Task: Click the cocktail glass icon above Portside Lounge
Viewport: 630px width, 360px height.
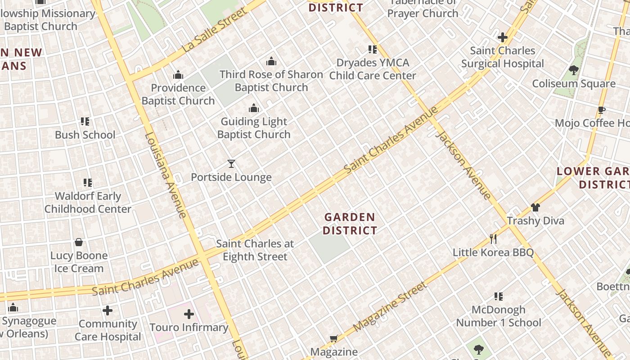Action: (x=231, y=164)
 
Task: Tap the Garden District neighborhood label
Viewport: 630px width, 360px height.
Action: (x=350, y=224)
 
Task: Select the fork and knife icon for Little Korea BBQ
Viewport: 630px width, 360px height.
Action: (x=493, y=238)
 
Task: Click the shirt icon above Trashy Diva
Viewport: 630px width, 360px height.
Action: (x=535, y=207)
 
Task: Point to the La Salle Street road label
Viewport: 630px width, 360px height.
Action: (x=215, y=30)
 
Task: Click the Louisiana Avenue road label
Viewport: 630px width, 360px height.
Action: (x=166, y=175)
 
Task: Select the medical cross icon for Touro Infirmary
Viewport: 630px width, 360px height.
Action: (x=189, y=314)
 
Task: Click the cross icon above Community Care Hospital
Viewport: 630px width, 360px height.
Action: (x=108, y=310)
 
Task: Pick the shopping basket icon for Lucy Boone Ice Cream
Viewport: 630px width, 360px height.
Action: (x=79, y=242)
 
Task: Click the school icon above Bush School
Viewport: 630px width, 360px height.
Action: (x=85, y=121)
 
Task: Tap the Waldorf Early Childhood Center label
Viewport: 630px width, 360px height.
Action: (x=88, y=202)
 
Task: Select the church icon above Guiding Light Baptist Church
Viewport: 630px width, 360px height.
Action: (x=254, y=108)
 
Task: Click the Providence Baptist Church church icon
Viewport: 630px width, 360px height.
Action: (x=178, y=74)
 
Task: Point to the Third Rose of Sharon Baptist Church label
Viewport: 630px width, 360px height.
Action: (x=271, y=81)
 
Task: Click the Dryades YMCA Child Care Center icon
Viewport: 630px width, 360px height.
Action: (x=373, y=49)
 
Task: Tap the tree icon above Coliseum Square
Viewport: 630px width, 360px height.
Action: (x=574, y=70)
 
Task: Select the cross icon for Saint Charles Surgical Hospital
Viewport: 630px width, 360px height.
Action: (x=503, y=37)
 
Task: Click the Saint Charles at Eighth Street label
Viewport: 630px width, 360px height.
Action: (x=255, y=250)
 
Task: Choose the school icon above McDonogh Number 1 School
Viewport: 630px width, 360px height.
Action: (x=499, y=296)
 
